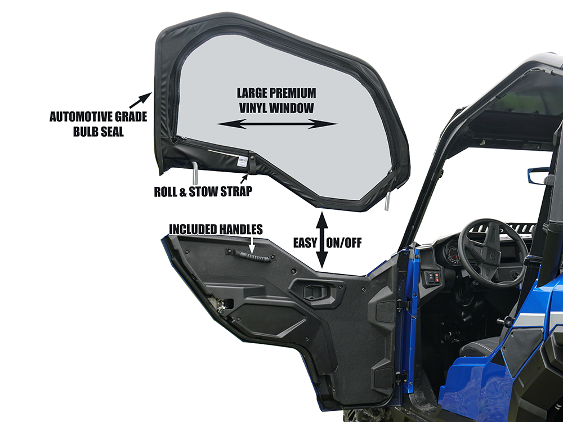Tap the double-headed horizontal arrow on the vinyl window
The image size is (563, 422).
[x=277, y=124]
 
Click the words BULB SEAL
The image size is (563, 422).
[x=98, y=132]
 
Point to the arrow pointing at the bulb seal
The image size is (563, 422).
[x=140, y=95]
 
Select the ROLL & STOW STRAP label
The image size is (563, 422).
[x=203, y=192]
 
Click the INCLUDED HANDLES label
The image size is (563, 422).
[x=216, y=230]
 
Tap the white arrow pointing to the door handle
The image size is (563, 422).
[x=252, y=245]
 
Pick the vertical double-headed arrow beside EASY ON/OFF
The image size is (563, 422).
[x=321, y=240]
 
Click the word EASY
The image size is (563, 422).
[x=305, y=243]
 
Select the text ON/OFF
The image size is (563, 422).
[x=343, y=243]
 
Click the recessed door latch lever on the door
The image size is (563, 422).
[x=315, y=292]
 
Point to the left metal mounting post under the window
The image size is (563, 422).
[x=194, y=173]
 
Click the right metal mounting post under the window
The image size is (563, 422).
[x=387, y=200]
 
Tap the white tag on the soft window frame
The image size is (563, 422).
[x=243, y=162]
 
